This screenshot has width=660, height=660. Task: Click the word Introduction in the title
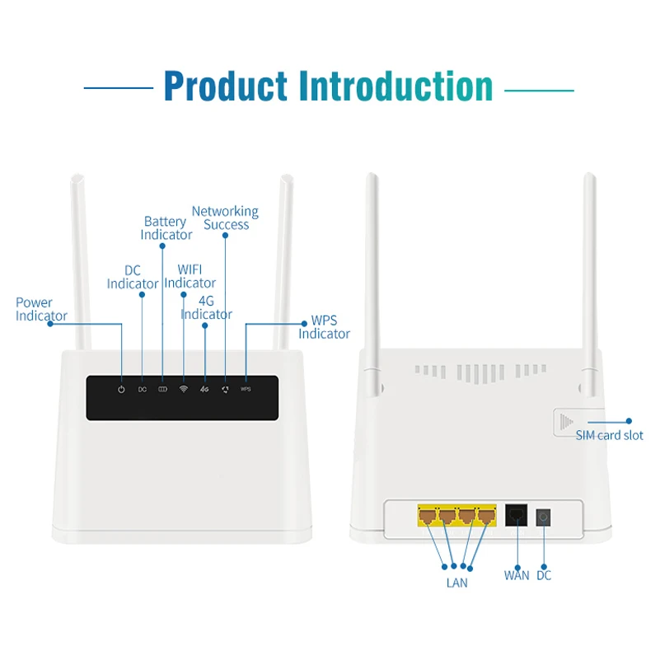396,86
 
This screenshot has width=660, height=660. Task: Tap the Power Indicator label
41,309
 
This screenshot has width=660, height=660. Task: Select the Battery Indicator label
166,228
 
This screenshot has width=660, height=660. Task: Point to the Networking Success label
225,218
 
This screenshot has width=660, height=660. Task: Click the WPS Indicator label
324,327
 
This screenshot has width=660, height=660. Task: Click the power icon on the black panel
121,388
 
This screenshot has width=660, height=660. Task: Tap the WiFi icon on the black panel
183,388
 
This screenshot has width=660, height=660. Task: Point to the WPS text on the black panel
246,389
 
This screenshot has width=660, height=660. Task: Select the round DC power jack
543,517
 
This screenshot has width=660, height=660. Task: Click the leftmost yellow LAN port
428,517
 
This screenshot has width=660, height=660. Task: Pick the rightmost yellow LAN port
487,517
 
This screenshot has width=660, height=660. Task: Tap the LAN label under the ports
456,583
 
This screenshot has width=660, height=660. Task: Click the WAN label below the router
517,575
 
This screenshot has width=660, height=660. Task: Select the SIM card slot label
610,435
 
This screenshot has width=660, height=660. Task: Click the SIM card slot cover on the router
566,422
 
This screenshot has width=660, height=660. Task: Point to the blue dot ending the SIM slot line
630,421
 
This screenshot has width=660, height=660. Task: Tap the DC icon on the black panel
142,389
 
